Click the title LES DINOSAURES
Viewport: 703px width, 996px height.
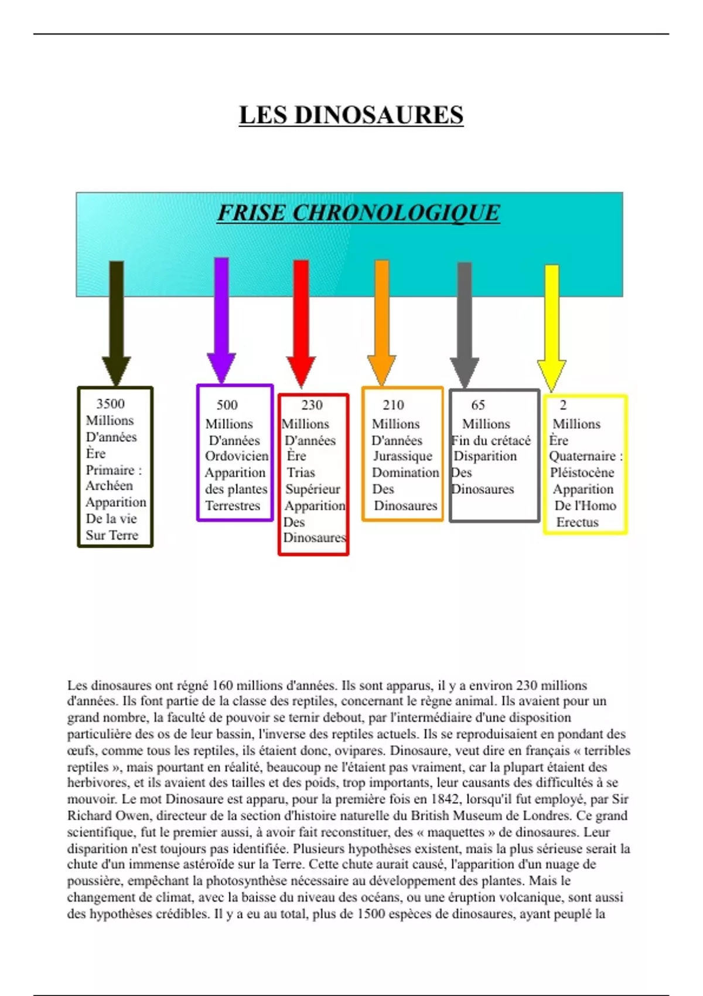point(351,115)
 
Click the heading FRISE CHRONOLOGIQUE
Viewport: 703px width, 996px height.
point(359,213)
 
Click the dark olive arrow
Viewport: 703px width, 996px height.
point(117,322)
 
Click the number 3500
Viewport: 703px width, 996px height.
point(110,404)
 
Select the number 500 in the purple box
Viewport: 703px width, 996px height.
point(227,405)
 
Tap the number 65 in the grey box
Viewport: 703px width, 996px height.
point(478,405)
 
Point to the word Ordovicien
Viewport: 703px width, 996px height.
point(237,456)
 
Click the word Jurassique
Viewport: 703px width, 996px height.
point(402,456)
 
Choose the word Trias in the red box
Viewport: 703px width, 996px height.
point(301,472)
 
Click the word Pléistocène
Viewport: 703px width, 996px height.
point(582,472)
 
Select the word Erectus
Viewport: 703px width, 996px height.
point(577,522)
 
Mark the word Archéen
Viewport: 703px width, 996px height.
point(109,486)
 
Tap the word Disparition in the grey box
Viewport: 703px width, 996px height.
point(485,456)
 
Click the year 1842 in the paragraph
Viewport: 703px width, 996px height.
point(445,799)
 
